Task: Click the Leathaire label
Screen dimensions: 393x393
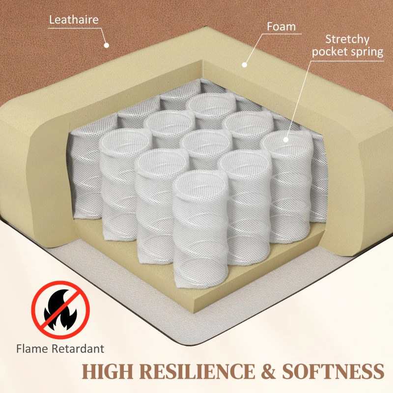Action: [74, 20]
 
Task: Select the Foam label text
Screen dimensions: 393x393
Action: [281, 26]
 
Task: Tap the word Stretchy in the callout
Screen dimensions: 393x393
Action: [347, 39]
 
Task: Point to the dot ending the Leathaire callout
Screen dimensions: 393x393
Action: [106, 45]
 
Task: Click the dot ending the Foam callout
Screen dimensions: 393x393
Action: [244, 63]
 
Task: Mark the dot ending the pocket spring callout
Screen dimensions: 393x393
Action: [286, 139]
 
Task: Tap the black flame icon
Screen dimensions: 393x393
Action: [59, 309]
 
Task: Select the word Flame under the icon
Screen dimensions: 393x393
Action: [32, 349]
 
